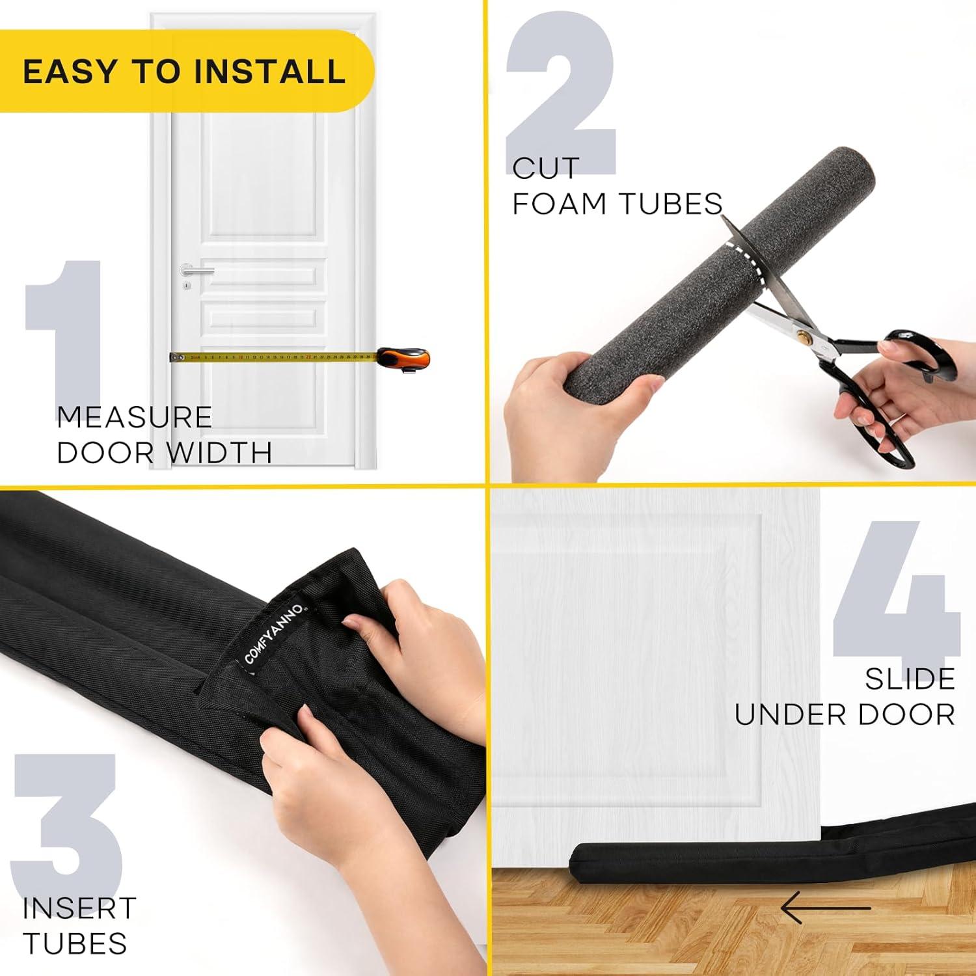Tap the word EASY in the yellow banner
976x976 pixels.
(x=72, y=72)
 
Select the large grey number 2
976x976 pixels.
(x=561, y=98)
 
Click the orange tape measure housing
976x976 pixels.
(x=403, y=358)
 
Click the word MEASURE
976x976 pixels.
(x=135, y=417)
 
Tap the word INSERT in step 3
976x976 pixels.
(x=79, y=908)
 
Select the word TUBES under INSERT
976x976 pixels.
(x=74, y=943)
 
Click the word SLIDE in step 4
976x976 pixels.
(x=910, y=679)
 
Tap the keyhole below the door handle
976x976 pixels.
(x=187, y=286)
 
